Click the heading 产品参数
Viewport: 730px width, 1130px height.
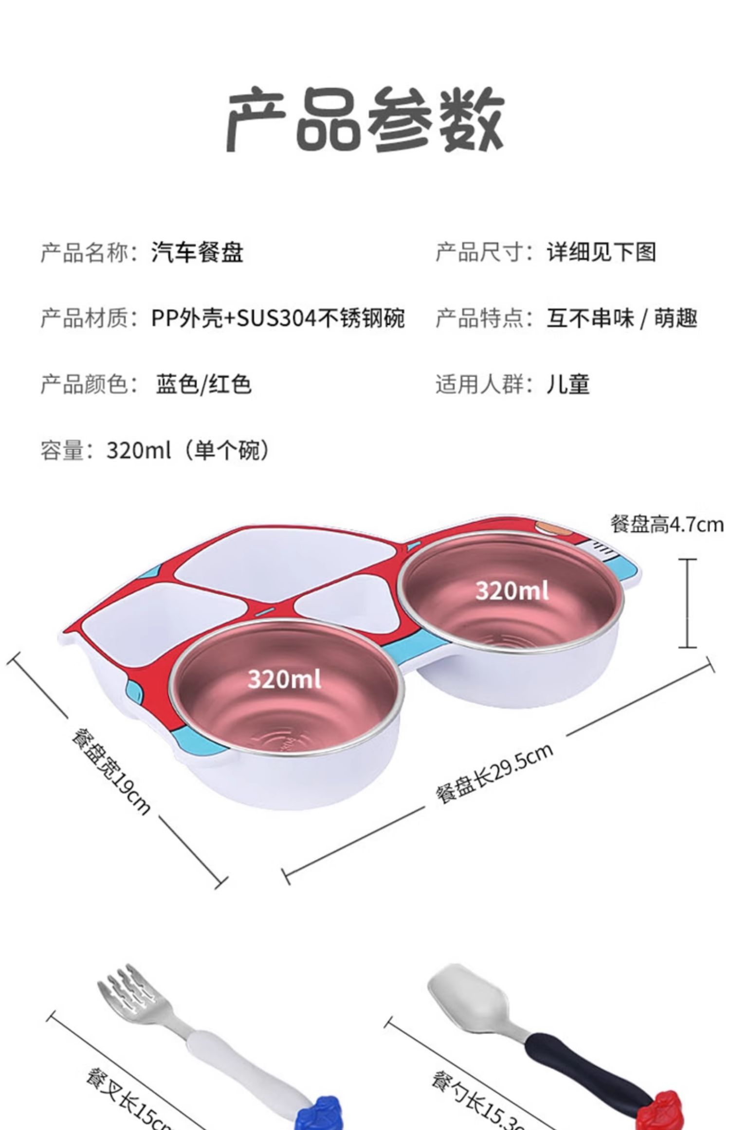tap(365, 119)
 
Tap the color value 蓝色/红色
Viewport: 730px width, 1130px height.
tap(203, 384)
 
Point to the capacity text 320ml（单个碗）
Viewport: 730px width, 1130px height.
tap(188, 450)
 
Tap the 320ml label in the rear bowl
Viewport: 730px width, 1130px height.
tap(512, 591)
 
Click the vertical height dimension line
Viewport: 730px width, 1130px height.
tap(687, 603)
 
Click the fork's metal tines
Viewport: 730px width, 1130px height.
tap(129, 993)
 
